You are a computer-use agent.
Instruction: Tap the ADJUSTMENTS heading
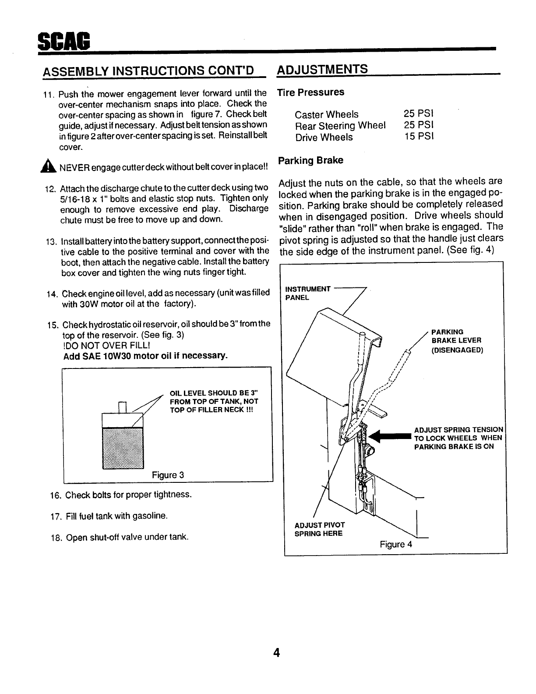tap(323, 69)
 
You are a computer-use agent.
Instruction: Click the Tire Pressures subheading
tap(311, 92)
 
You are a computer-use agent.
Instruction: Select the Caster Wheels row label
tap(326, 115)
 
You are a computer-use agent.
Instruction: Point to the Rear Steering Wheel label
tap(340, 126)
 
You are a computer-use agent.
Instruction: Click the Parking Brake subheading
tap(311, 160)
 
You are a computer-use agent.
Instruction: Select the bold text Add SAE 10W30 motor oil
tap(145, 356)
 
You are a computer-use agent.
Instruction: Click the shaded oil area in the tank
tap(123, 448)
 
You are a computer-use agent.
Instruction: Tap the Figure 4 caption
tap(396, 544)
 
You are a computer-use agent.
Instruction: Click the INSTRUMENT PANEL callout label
tap(307, 293)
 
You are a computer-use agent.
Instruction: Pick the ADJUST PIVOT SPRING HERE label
tap(319, 529)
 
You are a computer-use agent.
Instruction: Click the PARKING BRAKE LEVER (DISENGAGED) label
tap(456, 341)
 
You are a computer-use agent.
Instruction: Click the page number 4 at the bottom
tap(276, 653)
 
